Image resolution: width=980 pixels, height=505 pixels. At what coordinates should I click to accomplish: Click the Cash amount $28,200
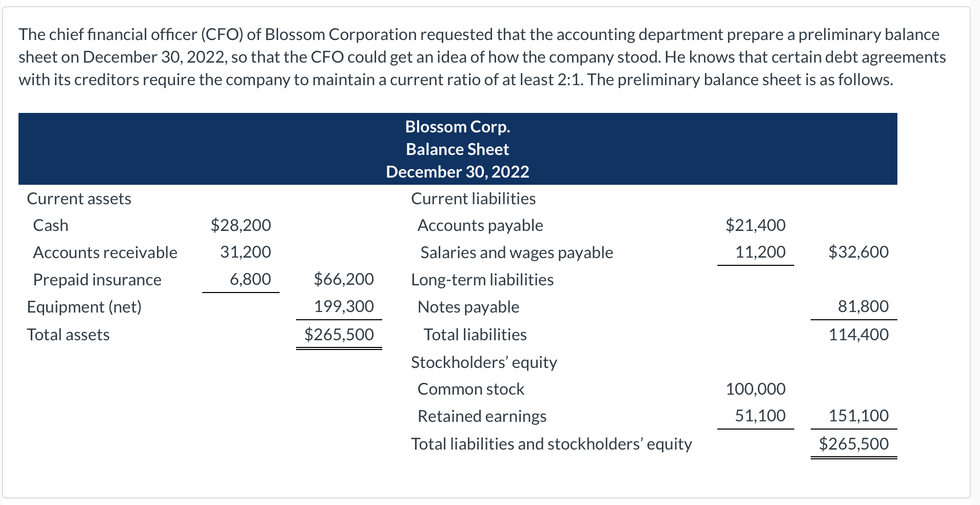[x=241, y=225]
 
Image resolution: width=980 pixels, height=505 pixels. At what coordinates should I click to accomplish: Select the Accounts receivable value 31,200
[x=245, y=252]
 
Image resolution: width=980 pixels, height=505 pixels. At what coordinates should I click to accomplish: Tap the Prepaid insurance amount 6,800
[x=250, y=279]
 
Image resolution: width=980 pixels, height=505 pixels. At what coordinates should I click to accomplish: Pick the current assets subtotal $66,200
[x=344, y=279]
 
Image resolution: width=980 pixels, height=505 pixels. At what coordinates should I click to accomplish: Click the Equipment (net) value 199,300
[x=344, y=306]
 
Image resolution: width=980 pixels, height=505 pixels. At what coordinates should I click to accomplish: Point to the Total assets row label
[x=68, y=335]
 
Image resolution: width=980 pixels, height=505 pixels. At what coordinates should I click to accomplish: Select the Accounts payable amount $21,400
[x=755, y=225]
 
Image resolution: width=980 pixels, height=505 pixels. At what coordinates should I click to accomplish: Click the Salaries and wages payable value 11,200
[x=760, y=252]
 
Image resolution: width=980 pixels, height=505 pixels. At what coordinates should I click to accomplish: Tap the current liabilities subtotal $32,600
[x=858, y=252]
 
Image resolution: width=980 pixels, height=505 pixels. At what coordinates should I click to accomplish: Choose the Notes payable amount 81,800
[x=863, y=306]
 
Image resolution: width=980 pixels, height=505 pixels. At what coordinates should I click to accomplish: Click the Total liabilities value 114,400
[x=858, y=335]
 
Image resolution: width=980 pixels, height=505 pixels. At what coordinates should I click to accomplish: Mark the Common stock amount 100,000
[x=755, y=389]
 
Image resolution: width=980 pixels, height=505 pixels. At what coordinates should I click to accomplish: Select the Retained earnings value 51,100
[x=760, y=416]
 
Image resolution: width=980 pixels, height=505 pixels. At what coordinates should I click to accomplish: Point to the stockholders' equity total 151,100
[x=858, y=416]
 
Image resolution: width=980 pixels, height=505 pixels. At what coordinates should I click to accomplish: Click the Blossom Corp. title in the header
[x=457, y=127]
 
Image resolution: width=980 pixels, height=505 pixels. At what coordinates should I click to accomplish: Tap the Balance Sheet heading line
[x=457, y=149]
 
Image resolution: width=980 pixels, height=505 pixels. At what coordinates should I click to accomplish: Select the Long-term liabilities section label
[x=482, y=280]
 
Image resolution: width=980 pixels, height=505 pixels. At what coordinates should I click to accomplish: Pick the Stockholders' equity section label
[x=484, y=362]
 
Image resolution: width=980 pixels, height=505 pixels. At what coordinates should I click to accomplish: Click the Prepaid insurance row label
[x=97, y=280]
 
